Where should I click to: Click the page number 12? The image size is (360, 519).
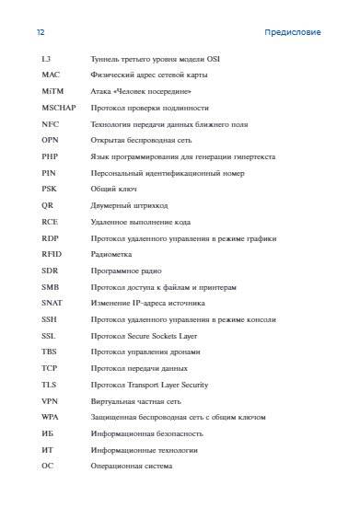41,32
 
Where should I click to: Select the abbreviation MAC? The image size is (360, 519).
51,76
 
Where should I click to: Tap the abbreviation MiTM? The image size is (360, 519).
52,92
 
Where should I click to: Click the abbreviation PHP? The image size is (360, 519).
50,156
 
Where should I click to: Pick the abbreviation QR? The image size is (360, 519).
48,205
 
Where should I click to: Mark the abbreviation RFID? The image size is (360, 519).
52,254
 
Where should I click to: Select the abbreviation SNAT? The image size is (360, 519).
52,303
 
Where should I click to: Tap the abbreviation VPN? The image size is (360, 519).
50,401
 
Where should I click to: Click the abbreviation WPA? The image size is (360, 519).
50,418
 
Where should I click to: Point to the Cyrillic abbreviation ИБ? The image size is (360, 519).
48,433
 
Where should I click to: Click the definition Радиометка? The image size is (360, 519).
111,254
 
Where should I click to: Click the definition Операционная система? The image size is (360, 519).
132,466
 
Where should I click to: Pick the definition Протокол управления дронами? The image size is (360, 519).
145,352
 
